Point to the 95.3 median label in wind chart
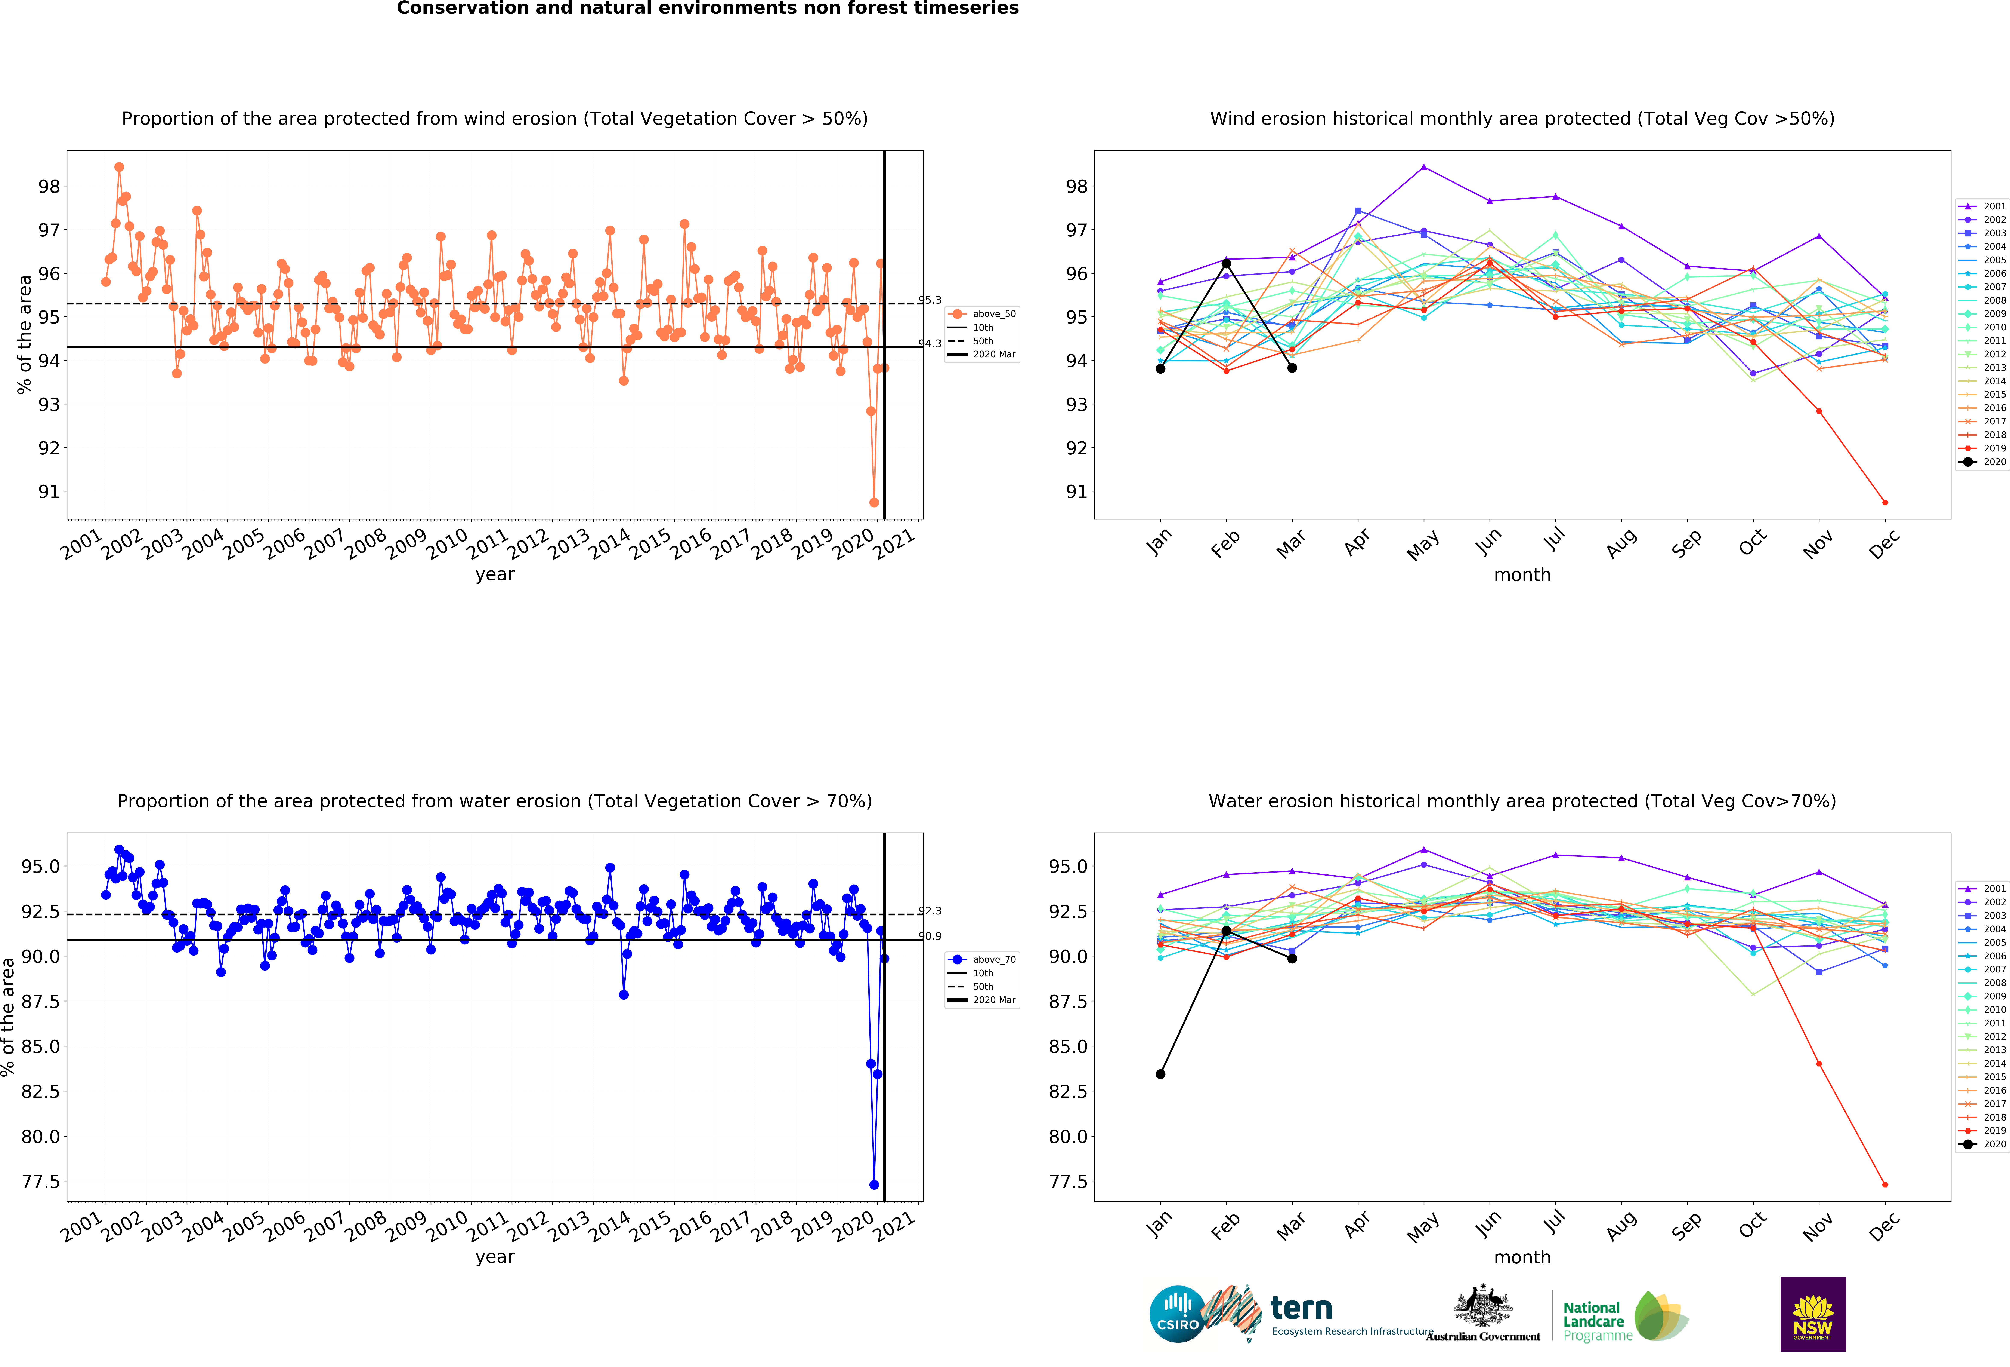(x=930, y=300)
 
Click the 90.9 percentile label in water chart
(x=930, y=936)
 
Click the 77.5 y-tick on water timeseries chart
(x=41, y=1182)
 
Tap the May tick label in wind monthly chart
(x=1423, y=545)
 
